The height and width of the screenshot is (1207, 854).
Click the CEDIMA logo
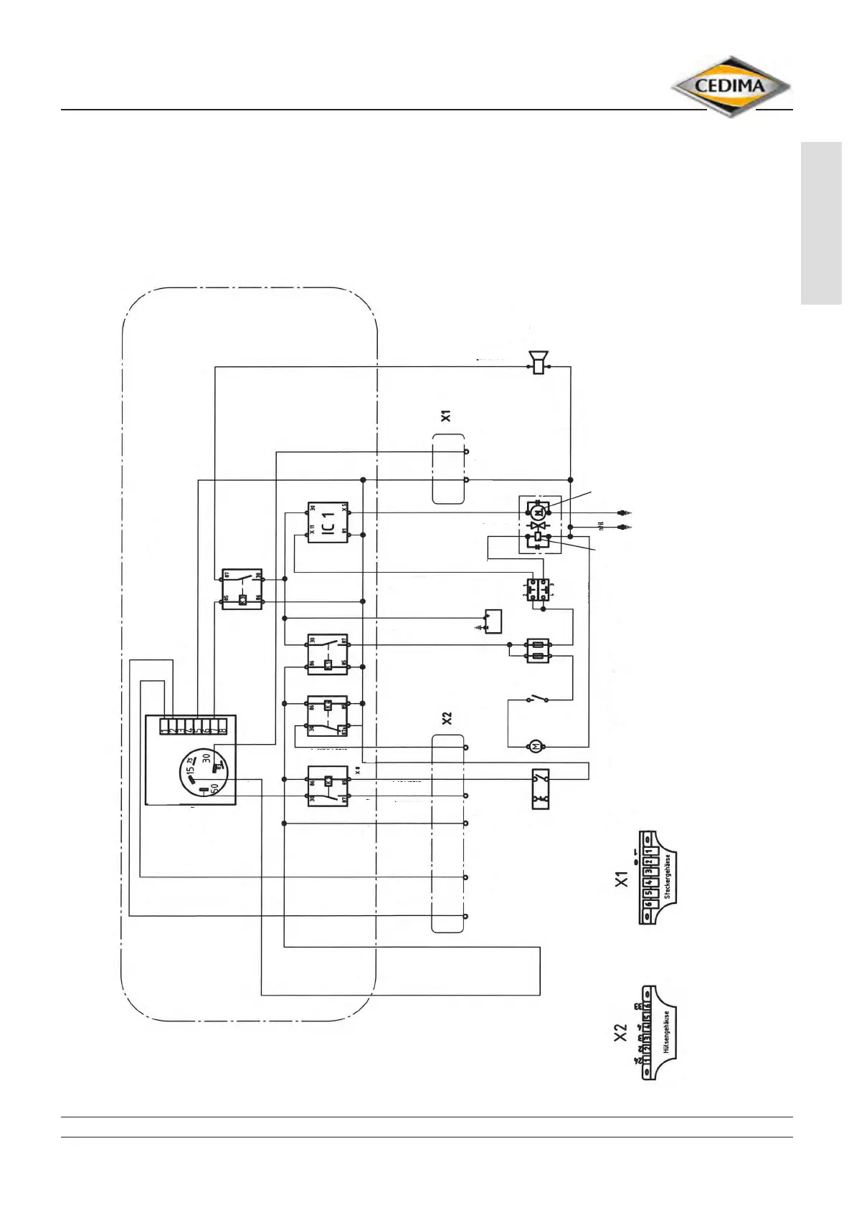(x=731, y=87)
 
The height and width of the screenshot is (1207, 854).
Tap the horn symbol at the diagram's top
(x=538, y=362)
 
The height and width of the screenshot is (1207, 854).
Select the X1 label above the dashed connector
(x=446, y=415)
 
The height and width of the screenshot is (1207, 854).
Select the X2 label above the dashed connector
(x=446, y=718)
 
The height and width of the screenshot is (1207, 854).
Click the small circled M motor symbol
(x=536, y=747)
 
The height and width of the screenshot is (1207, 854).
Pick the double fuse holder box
(x=538, y=651)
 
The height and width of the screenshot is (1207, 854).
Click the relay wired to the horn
(x=242, y=589)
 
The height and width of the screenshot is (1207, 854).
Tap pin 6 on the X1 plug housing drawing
(x=647, y=905)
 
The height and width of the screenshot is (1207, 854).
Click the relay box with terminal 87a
(x=328, y=715)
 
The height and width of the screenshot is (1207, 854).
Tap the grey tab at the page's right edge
(x=821, y=224)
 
